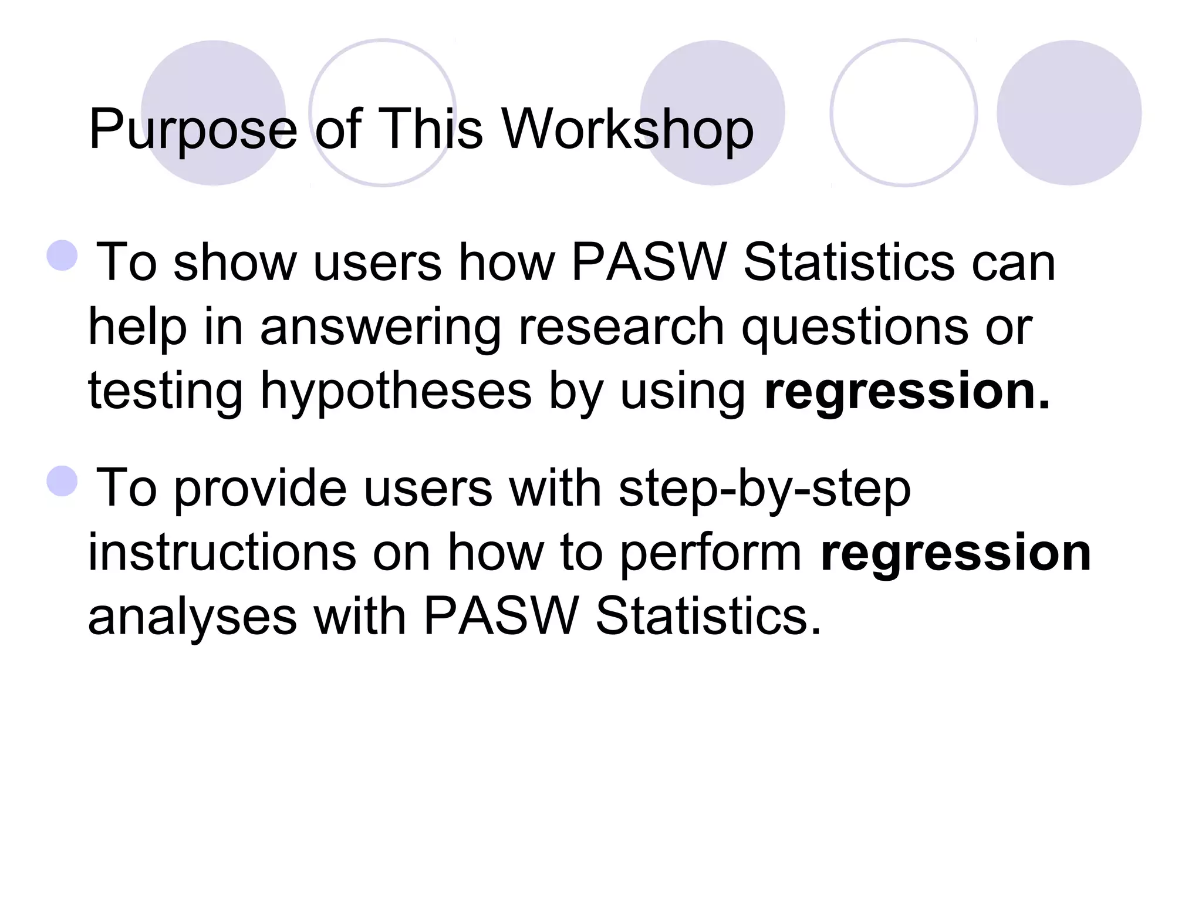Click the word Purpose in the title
pyautogui.click(x=193, y=130)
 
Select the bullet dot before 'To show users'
pyautogui.click(x=62, y=255)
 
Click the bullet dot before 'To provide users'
pyautogui.click(x=62, y=482)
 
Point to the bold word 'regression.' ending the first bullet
pyautogui.click(x=907, y=392)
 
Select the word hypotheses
pyautogui.click(x=396, y=392)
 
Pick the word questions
pyautogui.click(x=855, y=328)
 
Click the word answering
pyautogui.click(x=380, y=328)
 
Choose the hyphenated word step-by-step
pyautogui.click(x=764, y=490)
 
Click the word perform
pyautogui.click(x=711, y=554)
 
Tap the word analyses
pyautogui.click(x=193, y=618)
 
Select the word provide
pyautogui.click(x=261, y=489)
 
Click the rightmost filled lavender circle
pyautogui.click(x=1069, y=113)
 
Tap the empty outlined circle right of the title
pyautogui.click(x=903, y=113)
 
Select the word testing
pyautogui.click(x=166, y=392)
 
